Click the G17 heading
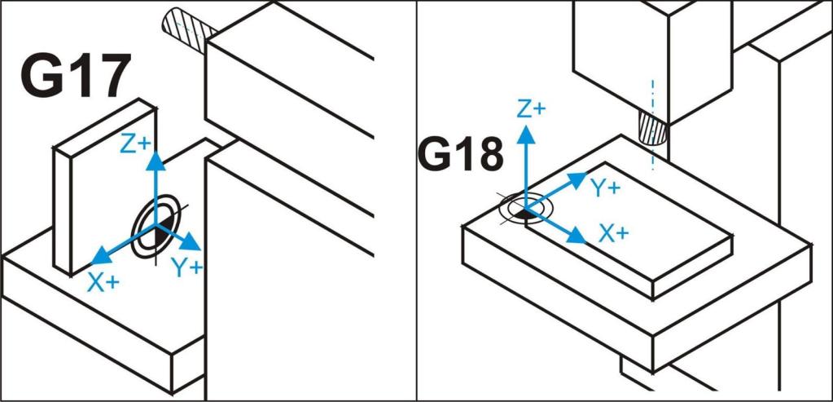pos(75,75)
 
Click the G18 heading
pos(459,155)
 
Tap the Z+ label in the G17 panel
pos(135,144)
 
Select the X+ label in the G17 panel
pos(103,284)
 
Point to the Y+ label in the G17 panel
pos(187,268)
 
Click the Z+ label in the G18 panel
pos(531,109)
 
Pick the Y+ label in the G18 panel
pos(605,188)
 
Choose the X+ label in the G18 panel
pos(614,233)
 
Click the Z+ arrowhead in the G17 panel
pos(156,160)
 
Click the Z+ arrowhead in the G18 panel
pos(526,135)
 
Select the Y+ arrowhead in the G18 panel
pos(577,179)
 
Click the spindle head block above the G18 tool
pos(653,53)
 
